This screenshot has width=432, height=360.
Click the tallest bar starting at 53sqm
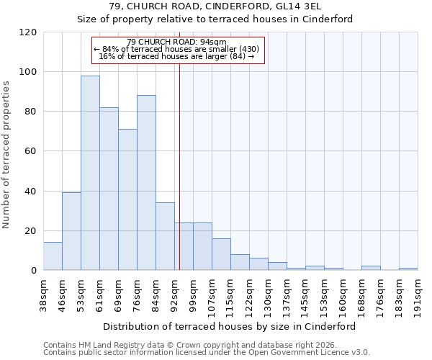[x=90, y=173]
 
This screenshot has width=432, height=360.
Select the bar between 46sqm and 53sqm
[x=71, y=231]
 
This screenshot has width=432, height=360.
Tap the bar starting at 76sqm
[x=146, y=183]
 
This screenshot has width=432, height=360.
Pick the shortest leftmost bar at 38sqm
[x=53, y=256]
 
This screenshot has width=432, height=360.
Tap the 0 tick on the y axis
[x=34, y=271]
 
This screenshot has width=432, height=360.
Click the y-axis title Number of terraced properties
[x=6, y=154]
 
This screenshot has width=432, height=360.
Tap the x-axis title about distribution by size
[x=230, y=326]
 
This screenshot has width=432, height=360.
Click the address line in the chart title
[x=215, y=6]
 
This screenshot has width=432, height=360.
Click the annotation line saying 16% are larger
[x=176, y=56]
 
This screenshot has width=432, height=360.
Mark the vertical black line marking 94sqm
[x=179, y=166]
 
